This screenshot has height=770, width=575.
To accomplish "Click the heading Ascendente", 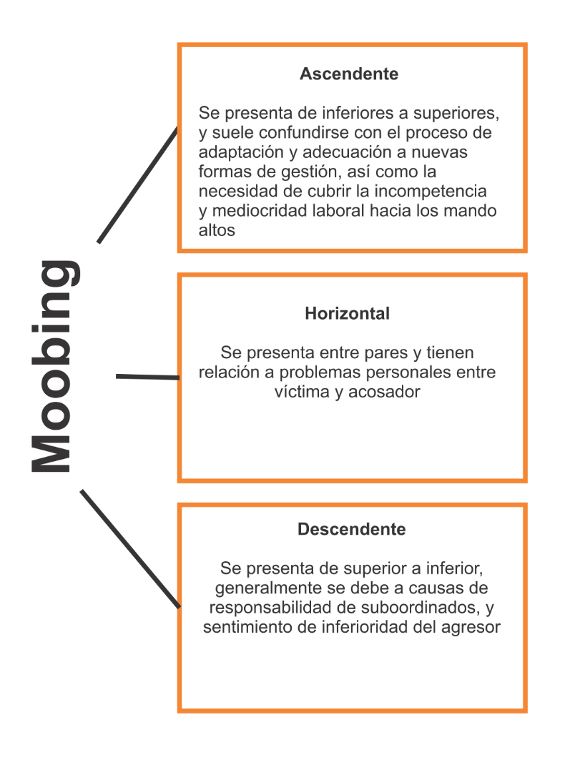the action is coord(348,74).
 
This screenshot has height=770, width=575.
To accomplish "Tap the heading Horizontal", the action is coord(348,313).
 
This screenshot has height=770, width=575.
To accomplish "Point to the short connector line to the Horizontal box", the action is coord(147,376).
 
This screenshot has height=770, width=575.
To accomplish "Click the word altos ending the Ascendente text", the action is coord(217,231).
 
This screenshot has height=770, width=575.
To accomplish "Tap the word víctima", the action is coord(300,393).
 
